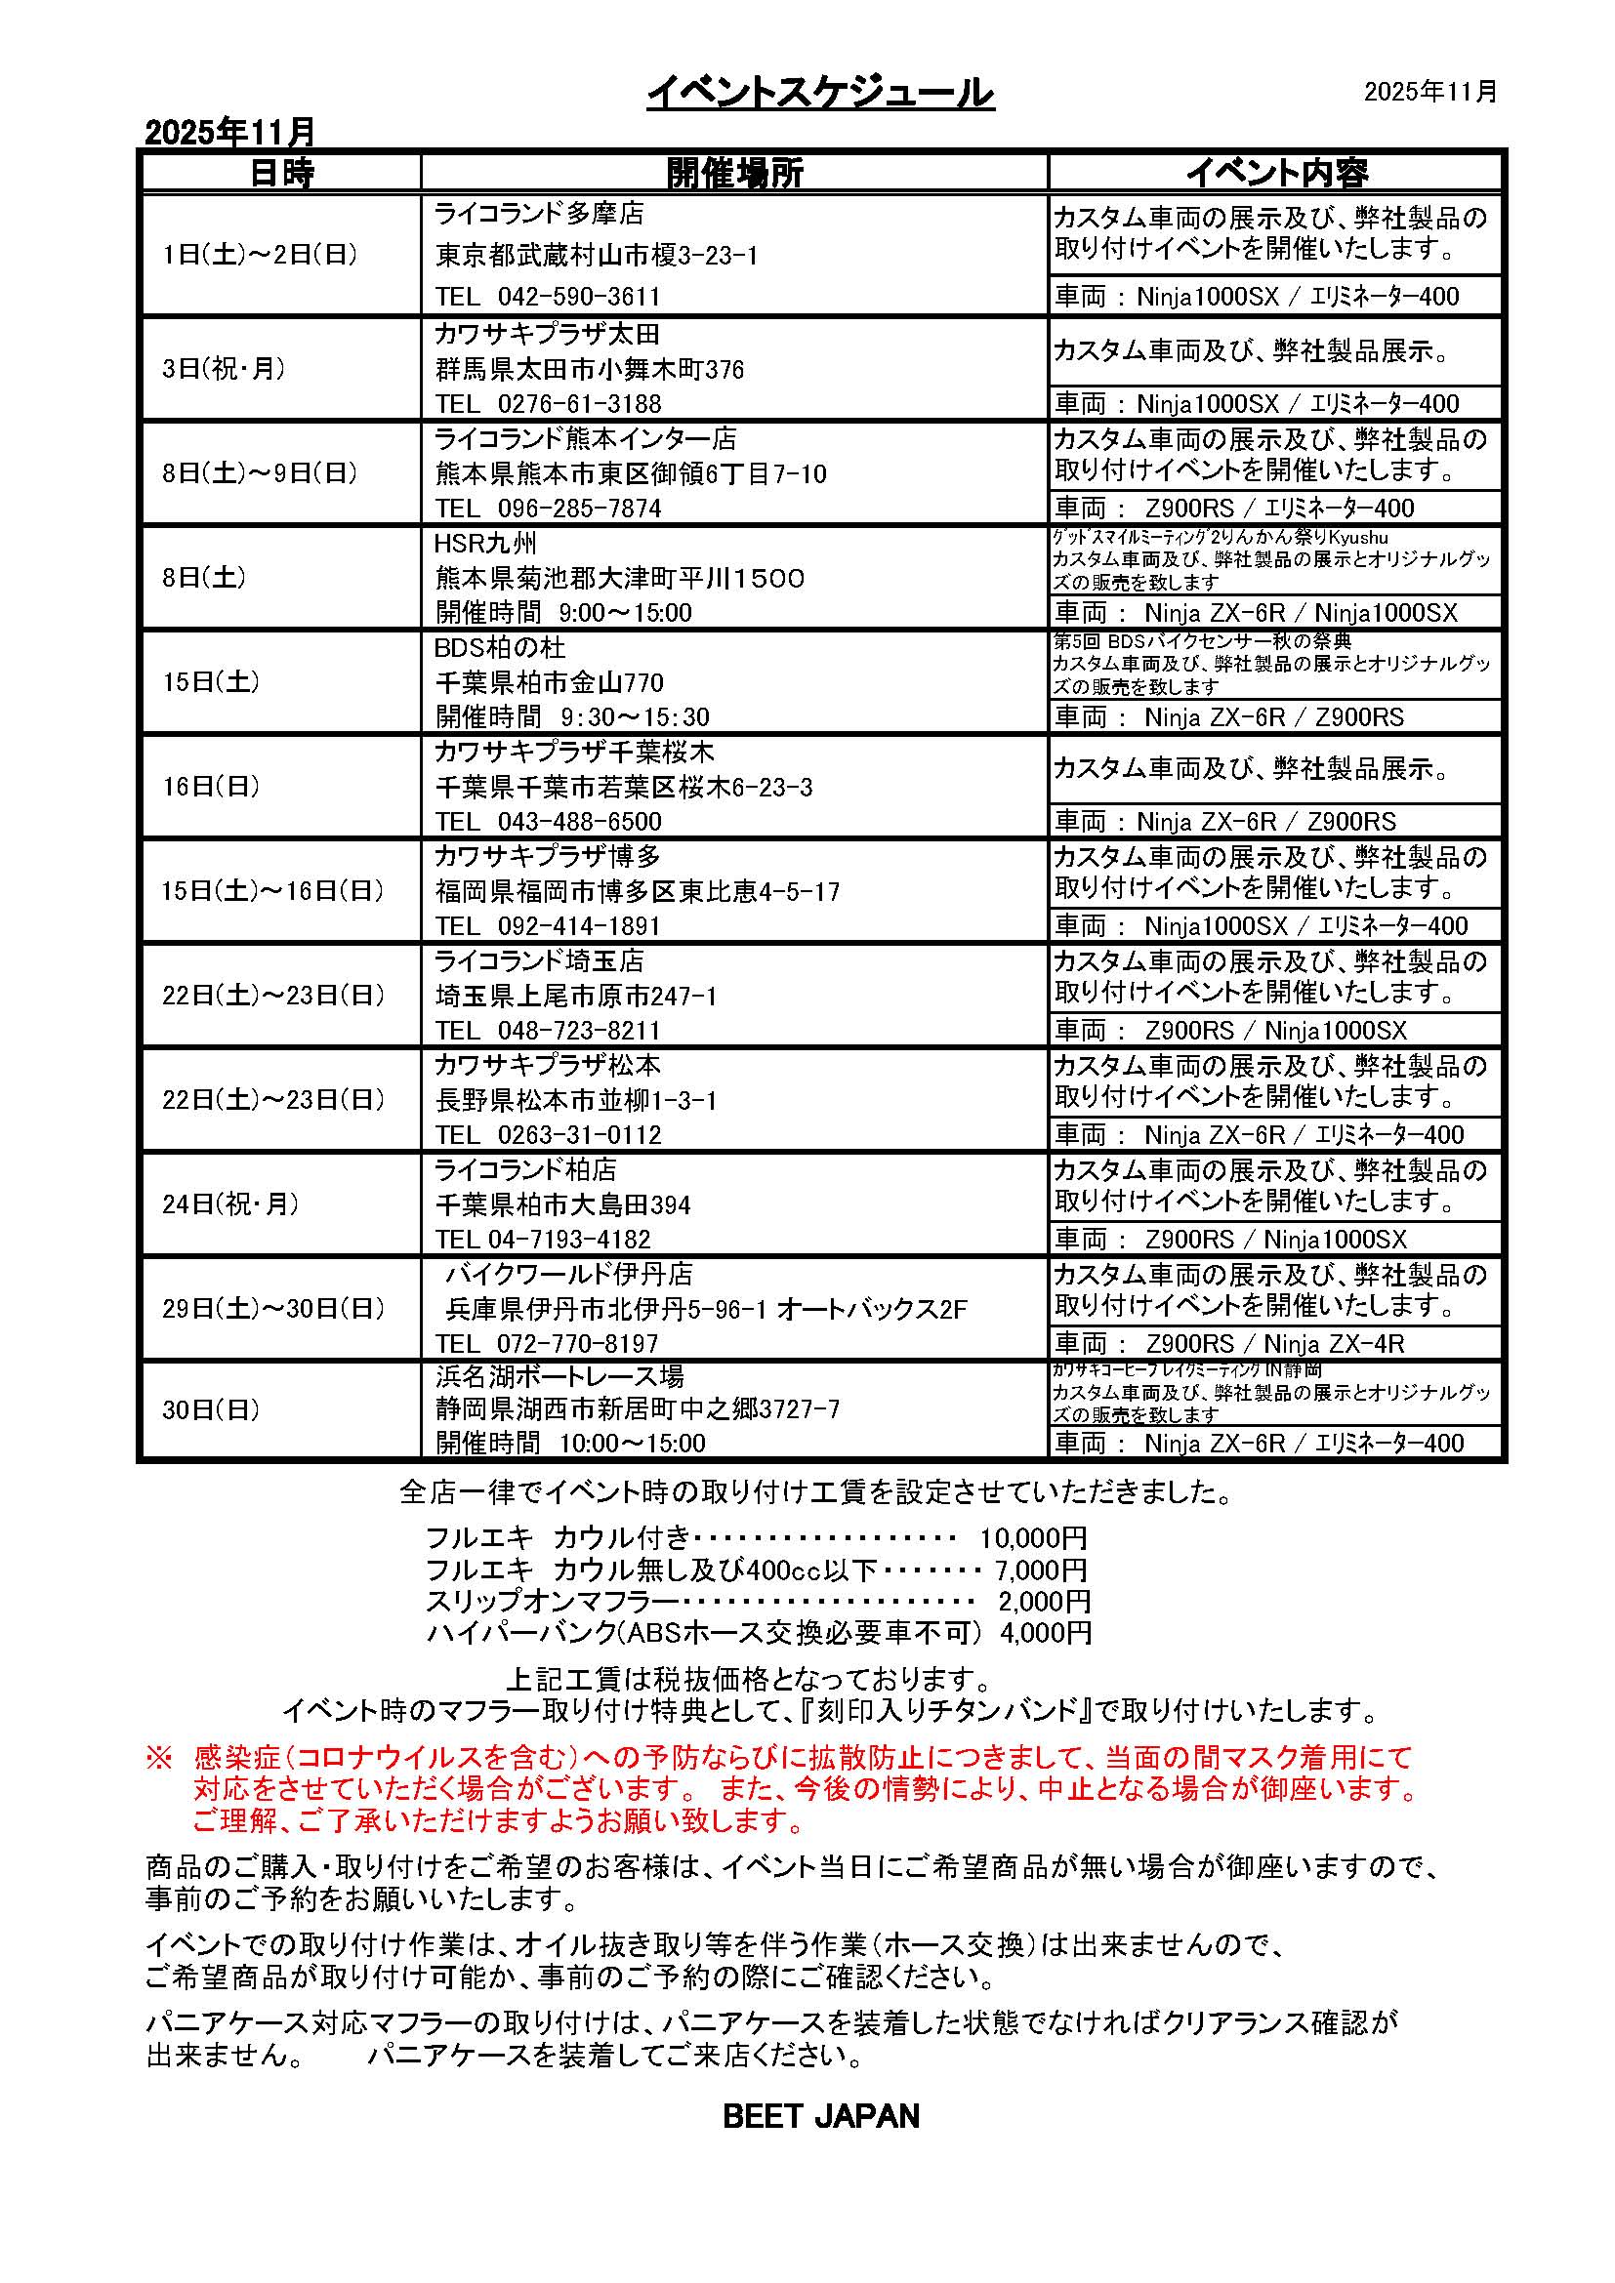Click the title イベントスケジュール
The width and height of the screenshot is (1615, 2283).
click(820, 94)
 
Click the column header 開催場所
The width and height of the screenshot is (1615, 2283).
click(734, 172)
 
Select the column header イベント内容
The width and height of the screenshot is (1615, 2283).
click(1276, 172)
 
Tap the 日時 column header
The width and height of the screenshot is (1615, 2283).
click(281, 172)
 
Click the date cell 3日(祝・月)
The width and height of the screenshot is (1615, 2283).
click(224, 369)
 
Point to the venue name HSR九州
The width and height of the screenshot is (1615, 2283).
click(485, 543)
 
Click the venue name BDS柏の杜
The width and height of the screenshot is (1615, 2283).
click(499, 647)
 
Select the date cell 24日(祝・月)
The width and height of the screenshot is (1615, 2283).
click(230, 1204)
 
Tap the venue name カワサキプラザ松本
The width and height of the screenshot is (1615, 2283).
click(547, 1065)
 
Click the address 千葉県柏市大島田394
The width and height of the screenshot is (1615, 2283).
click(562, 1205)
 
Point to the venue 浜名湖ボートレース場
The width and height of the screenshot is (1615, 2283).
click(559, 1376)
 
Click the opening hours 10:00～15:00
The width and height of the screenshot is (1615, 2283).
click(633, 1443)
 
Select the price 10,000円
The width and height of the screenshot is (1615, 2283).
click(1032, 1538)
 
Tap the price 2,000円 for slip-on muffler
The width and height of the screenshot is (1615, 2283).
click(1044, 1601)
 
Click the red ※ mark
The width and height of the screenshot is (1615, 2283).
click(159, 1758)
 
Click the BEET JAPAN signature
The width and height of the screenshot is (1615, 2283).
click(820, 2116)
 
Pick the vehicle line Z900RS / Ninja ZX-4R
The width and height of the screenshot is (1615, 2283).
click(1275, 1344)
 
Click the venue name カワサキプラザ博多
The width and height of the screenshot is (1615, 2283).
click(547, 856)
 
